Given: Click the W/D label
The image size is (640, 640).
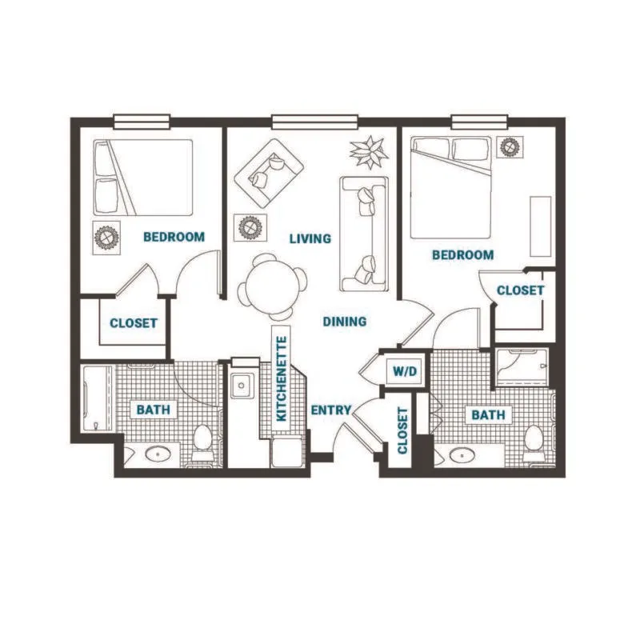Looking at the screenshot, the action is click(405, 371).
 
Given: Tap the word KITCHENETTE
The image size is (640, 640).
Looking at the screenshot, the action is click(282, 378).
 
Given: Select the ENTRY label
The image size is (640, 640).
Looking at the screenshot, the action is click(331, 410).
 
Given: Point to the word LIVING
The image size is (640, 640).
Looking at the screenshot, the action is click(310, 238).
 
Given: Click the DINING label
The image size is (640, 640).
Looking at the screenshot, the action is click(345, 322).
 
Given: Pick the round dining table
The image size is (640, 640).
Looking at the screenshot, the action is click(273, 286).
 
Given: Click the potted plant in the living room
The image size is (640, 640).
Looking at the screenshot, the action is click(369, 152).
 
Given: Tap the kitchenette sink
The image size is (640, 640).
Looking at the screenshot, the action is click(242, 386).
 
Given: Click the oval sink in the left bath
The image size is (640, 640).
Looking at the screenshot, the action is click(158, 454).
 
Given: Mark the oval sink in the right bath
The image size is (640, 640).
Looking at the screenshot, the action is click(462, 454).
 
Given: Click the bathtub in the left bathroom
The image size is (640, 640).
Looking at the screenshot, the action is click(98, 398).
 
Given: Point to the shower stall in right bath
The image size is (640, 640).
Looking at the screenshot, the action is click(522, 366).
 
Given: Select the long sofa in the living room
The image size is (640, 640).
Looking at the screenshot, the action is click(364, 234).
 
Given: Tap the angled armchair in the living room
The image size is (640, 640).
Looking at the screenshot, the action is click(269, 173).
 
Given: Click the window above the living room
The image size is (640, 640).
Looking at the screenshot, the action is click(314, 122).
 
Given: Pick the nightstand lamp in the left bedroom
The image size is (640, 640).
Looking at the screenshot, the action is click(106, 238).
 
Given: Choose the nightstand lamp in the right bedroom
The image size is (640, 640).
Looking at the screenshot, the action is click(510, 147).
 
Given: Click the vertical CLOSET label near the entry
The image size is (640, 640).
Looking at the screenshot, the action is click(402, 430).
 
